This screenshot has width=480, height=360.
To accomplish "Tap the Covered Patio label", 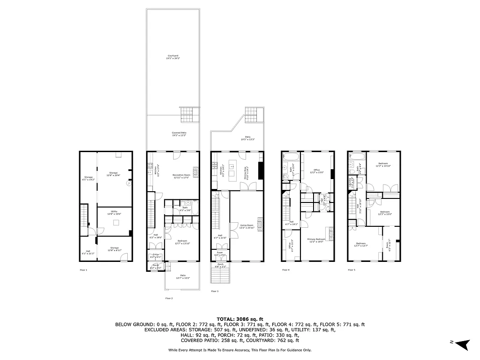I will pyautogui.click(x=179, y=134).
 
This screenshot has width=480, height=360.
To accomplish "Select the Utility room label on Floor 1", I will pyautogui.click(x=114, y=213).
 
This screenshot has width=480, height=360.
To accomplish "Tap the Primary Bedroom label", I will pyautogui.click(x=316, y=240).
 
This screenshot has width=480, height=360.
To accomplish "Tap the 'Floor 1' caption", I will pyautogui.click(x=83, y=270).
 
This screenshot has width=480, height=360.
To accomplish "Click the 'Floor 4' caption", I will pyautogui.click(x=286, y=270).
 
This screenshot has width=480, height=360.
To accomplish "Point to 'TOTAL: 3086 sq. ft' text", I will pyautogui.click(x=240, y=318).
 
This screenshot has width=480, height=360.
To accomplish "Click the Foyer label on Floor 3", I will pyautogui.click(x=220, y=253).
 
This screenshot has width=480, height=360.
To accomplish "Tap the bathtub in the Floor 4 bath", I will pyautogui.click(x=291, y=157).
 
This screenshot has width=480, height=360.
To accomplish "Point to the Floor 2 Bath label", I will pyautogui.click(x=185, y=208).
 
